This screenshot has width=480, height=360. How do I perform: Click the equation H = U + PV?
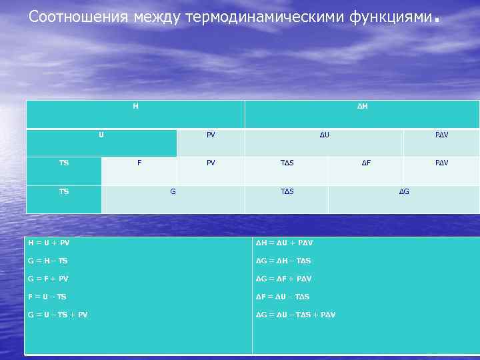click(x=48, y=243)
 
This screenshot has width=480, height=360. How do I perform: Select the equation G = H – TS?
click(x=47, y=261)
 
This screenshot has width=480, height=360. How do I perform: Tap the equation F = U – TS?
click(x=47, y=296)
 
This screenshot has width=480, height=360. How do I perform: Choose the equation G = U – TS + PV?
click(x=57, y=314)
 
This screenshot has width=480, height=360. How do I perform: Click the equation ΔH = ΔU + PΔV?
click(x=285, y=243)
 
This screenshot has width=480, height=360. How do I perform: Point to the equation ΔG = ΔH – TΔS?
click(x=284, y=261)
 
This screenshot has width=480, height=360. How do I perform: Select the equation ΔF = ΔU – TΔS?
click(x=283, y=296)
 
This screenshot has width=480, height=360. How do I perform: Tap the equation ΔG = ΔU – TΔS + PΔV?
click(x=296, y=314)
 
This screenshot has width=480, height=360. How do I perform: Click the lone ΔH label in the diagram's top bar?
click(x=361, y=106)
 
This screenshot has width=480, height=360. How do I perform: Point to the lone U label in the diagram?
click(x=101, y=135)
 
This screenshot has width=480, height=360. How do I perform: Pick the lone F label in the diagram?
click(x=139, y=163)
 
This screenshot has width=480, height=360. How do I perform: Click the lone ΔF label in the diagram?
click(x=367, y=163)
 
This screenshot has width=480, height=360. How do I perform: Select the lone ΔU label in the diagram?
click(x=325, y=135)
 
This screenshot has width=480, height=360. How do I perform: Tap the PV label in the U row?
click(x=211, y=135)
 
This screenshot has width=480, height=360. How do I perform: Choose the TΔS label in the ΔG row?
click(x=287, y=191)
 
